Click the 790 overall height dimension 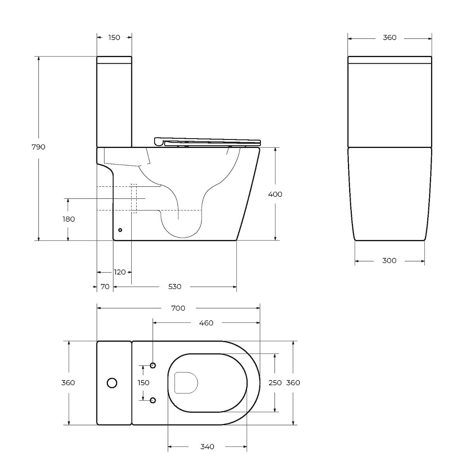[x=38, y=147]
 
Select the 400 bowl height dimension [x=275, y=194]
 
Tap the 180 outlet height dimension [x=69, y=219]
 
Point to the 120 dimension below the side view [x=120, y=272]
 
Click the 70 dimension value [x=105, y=287]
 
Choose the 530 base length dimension [x=175, y=287]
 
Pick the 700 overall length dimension [x=178, y=308]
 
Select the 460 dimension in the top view [x=206, y=323]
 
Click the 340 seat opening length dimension [x=207, y=447]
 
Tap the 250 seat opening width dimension [x=275, y=383]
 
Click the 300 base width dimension [x=389, y=261]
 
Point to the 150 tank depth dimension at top [x=114, y=38]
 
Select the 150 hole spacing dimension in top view [x=143, y=383]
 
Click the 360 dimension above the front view [x=389, y=38]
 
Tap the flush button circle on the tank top [x=112, y=383]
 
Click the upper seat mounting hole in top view [x=153, y=365]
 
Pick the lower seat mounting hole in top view [x=153, y=400]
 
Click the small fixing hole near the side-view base [x=120, y=230]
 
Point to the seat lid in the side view [x=207, y=142]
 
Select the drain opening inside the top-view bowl [x=186, y=383]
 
